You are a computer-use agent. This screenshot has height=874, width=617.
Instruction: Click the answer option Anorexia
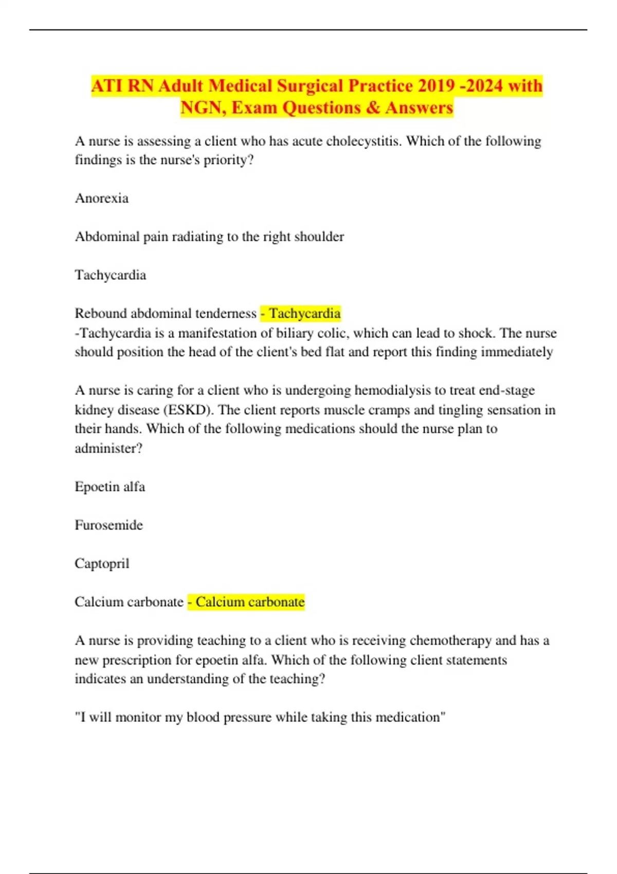click(102, 198)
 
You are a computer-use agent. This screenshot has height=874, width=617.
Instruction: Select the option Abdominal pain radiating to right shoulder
click(209, 236)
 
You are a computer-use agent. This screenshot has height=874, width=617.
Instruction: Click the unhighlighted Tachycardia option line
click(111, 275)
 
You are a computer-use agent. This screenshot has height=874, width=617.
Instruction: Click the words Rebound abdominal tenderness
click(166, 313)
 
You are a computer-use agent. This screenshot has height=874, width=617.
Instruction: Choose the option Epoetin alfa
click(110, 486)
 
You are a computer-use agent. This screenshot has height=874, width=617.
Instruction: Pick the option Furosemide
click(109, 525)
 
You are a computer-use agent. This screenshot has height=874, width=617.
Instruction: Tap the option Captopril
click(102, 563)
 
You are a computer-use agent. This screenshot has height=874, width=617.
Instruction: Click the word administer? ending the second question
click(108, 448)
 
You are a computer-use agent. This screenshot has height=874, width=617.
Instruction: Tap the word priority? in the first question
click(229, 160)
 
